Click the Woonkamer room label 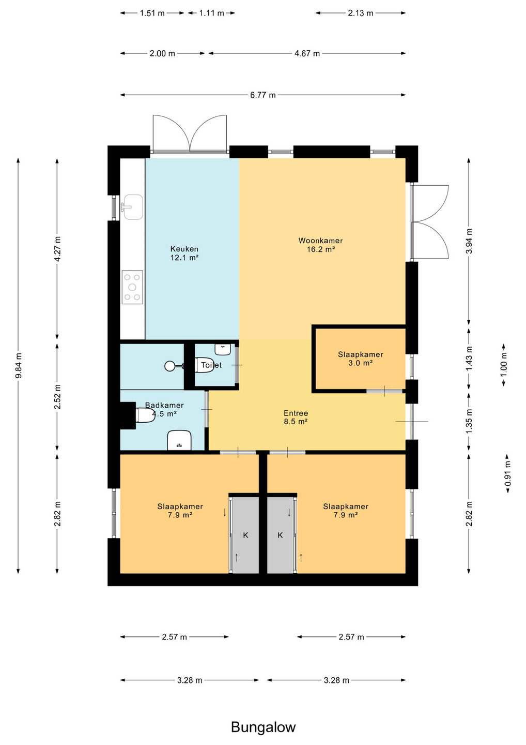coord(320,244)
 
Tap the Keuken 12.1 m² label coord(184,253)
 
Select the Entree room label coord(296,417)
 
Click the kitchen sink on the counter coord(133,207)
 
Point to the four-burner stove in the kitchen coord(132,287)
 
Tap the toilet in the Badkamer coord(145,415)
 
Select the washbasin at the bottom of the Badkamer coord(179,440)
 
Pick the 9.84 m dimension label coord(19,365)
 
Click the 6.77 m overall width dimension coord(262,95)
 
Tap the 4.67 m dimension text coord(307,53)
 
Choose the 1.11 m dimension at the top coord(211,13)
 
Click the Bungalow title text coord(263,727)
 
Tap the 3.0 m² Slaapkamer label coord(360,359)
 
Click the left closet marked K coord(245,535)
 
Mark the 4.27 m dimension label coord(58,249)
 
